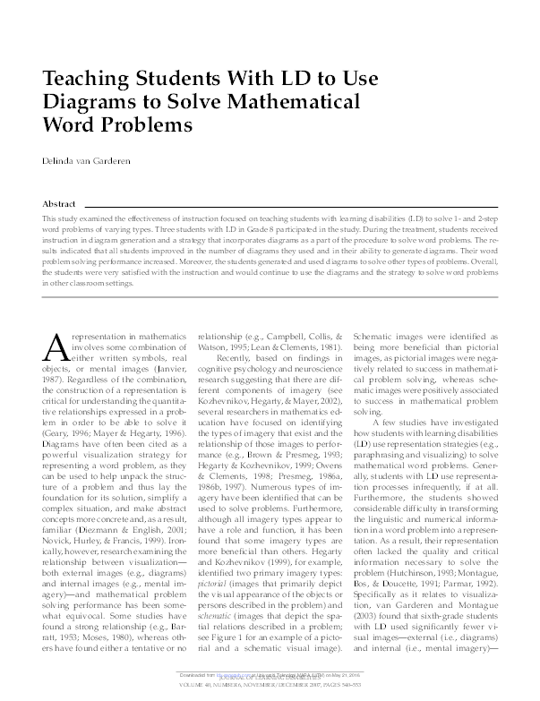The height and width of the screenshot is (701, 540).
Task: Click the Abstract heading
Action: point(60,203)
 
